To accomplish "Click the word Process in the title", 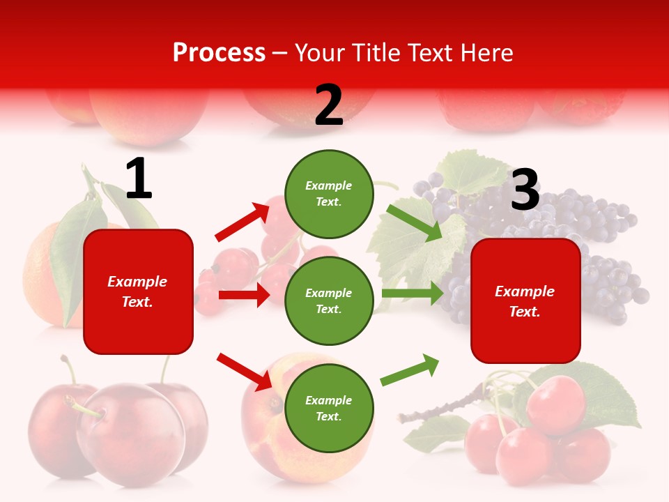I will [x=219, y=53].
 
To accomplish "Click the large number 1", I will [x=139, y=179].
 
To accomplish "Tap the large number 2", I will [x=329, y=105].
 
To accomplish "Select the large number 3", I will [x=525, y=190].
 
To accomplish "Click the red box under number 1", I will [x=138, y=291].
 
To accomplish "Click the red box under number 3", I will [x=525, y=301].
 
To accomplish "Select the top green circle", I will [x=329, y=194].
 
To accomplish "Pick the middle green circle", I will [x=329, y=301].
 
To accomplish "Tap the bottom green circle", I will [x=329, y=408].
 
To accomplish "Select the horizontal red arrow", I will [x=244, y=295].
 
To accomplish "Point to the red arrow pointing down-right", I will [x=244, y=372].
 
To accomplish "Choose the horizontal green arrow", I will [x=413, y=294].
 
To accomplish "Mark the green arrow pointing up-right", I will [x=410, y=370].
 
